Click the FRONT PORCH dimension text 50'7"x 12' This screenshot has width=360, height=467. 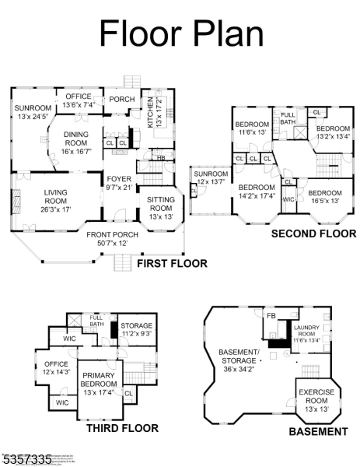pos(113,244)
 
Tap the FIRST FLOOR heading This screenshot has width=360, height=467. pos(172,264)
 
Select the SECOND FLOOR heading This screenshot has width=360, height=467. pos(313,233)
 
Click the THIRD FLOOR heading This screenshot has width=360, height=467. pos(122,428)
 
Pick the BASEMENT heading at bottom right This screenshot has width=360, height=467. pos(318,431)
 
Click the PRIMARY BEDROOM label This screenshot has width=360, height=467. pos(98,381)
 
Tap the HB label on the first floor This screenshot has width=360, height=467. pos(160,158)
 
